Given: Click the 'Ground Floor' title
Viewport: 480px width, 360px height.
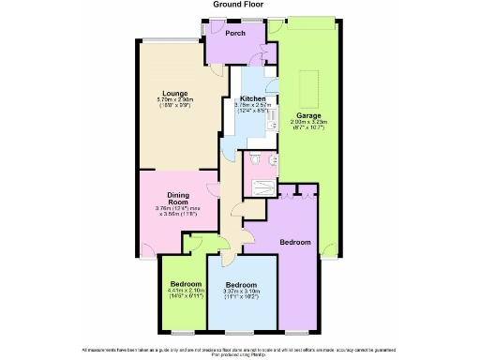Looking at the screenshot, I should pyautogui.click(x=240, y=5).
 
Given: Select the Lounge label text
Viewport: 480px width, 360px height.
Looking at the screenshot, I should pyautogui.click(x=174, y=94).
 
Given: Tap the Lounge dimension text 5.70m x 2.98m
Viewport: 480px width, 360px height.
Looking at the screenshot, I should pyautogui.click(x=174, y=100).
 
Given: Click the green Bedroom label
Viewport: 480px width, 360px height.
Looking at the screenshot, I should pyautogui.click(x=185, y=283).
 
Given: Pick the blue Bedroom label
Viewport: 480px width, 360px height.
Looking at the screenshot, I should pyautogui.click(x=242, y=284).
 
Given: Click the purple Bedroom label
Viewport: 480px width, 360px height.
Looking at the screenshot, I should pyautogui.click(x=295, y=242).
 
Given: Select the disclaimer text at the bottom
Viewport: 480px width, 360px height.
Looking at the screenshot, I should pyautogui.click(x=240, y=349).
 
